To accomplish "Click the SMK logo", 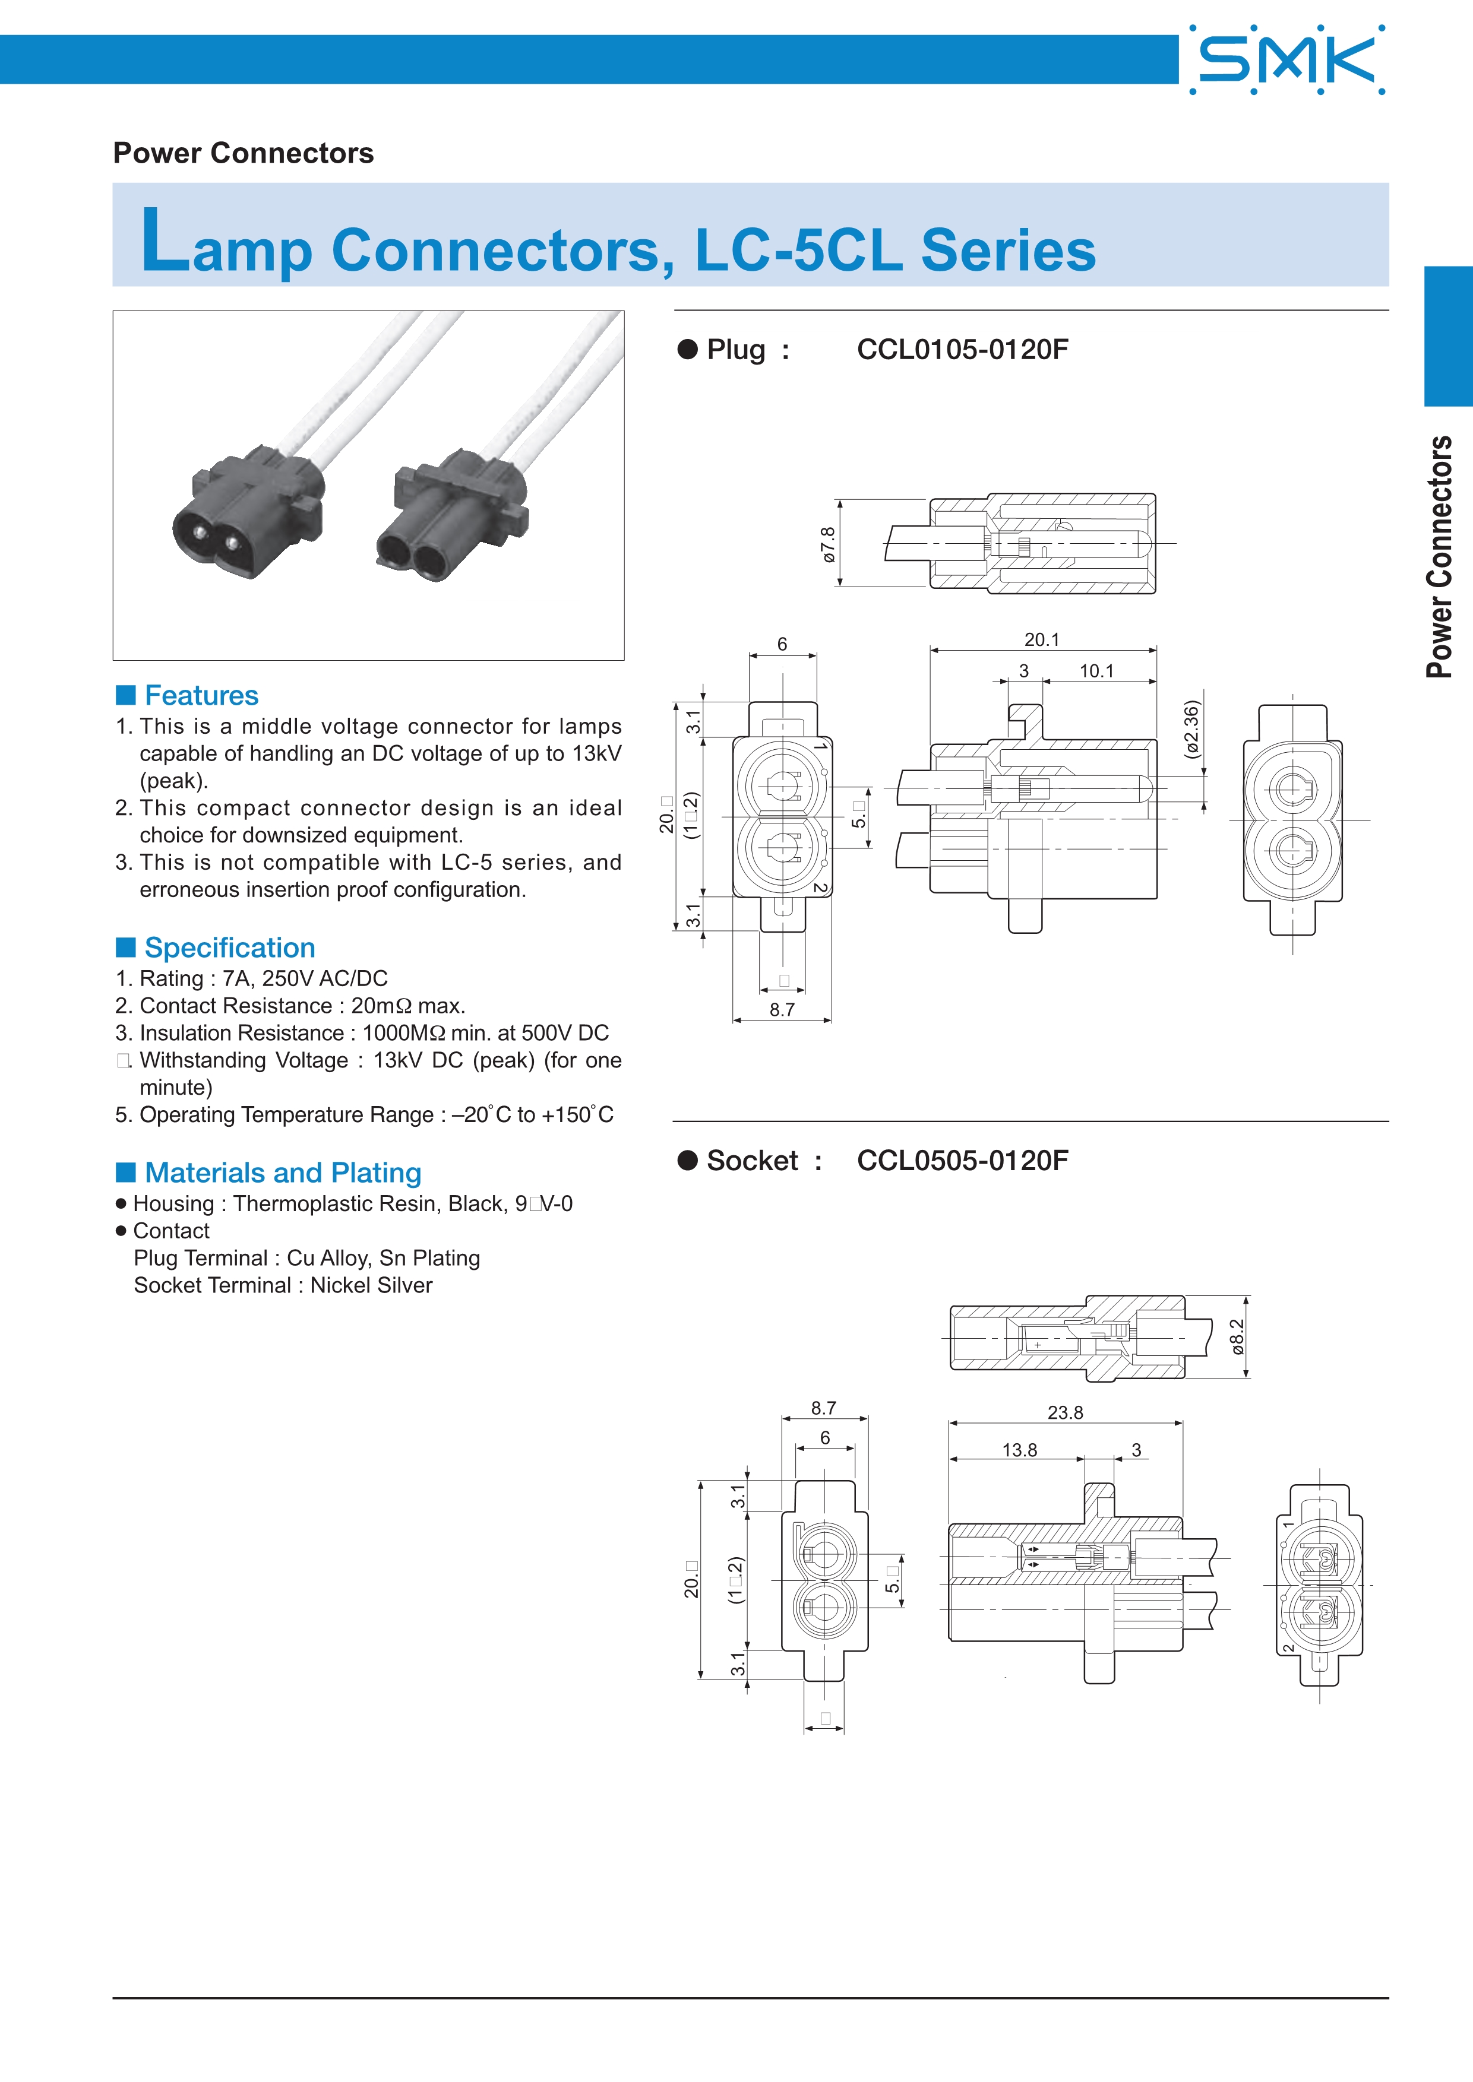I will coord(1287,60).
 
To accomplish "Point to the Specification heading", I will coord(229,947).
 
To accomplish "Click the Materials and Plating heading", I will coord(282,1172).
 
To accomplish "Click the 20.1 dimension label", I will coord(1041,639).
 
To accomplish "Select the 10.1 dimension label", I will coord(1096,671).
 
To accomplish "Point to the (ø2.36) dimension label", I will coord(1192,729).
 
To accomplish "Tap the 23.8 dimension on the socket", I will coord(1065,1413).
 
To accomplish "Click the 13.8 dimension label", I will coord(1019,1450).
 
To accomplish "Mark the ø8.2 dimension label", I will coord(1237,1338).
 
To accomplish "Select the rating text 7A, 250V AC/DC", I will coord(305,978).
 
